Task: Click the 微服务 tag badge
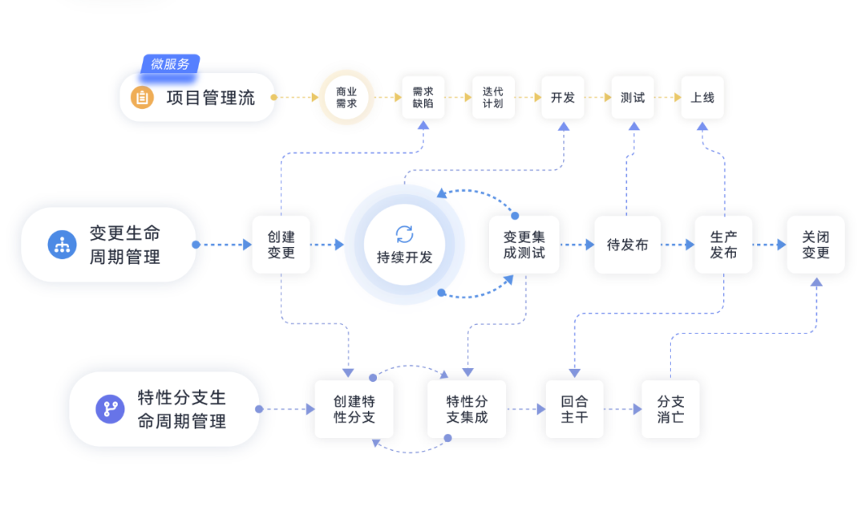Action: pyautogui.click(x=170, y=64)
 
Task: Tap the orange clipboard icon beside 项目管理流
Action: pyautogui.click(x=142, y=98)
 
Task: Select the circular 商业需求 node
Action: pyautogui.click(x=346, y=98)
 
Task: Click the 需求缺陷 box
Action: pyautogui.click(x=423, y=98)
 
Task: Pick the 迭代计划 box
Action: pyautogui.click(x=493, y=98)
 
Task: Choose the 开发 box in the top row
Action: pyautogui.click(x=563, y=98)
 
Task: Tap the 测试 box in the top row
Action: pyautogui.click(x=633, y=98)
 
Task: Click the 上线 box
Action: pyautogui.click(x=702, y=98)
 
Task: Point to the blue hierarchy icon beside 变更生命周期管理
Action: pyautogui.click(x=62, y=245)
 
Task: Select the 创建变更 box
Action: pyautogui.click(x=280, y=245)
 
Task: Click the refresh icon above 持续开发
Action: pyautogui.click(x=405, y=234)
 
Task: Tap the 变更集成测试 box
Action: pyautogui.click(x=524, y=245)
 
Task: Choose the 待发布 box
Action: pyautogui.click(x=627, y=245)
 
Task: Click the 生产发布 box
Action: pyautogui.click(x=723, y=245)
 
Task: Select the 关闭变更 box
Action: pyautogui.click(x=815, y=245)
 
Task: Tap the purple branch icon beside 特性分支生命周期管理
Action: pyautogui.click(x=110, y=409)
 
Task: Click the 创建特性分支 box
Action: pyautogui.click(x=354, y=409)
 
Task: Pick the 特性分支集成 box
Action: pyautogui.click(x=467, y=409)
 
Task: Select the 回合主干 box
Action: pyautogui.click(x=574, y=409)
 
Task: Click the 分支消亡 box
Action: pyautogui.click(x=670, y=409)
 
